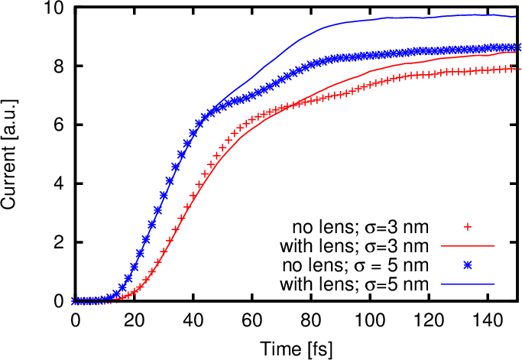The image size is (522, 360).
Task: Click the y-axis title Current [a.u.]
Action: (13, 154)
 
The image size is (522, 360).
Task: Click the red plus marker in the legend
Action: (469, 227)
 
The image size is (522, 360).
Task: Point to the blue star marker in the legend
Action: (469, 265)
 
